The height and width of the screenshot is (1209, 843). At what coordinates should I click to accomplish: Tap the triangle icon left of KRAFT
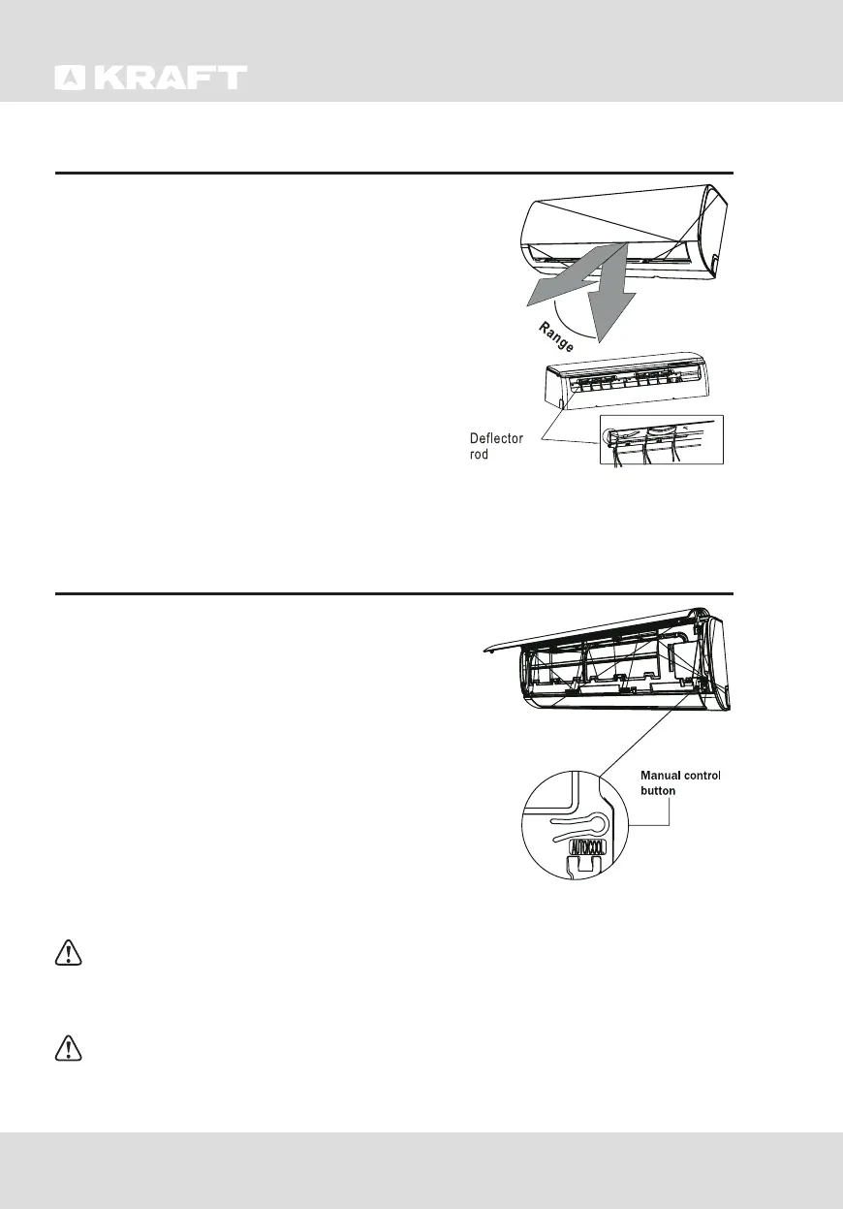pos(70,79)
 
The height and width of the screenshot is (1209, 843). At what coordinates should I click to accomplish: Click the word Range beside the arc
pos(557,340)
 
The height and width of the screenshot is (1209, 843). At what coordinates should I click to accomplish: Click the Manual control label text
pos(680,776)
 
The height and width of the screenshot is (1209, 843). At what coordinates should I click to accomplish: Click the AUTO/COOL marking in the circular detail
pos(587,845)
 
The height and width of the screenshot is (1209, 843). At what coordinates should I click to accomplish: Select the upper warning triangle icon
pos(67,954)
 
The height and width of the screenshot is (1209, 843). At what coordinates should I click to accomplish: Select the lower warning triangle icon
pos(67,1049)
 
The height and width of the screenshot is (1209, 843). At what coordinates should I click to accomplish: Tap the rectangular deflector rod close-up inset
pos(662,440)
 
